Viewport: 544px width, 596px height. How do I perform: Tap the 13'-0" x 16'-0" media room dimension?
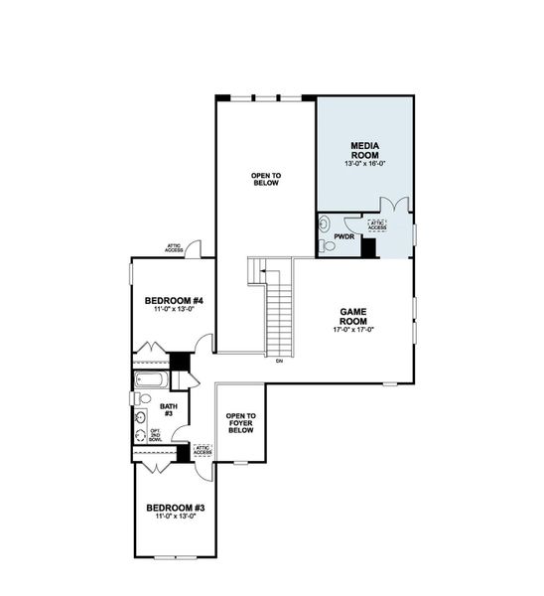point(363,163)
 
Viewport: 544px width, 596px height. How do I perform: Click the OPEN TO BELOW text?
point(265,180)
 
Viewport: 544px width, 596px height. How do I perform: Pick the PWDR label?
point(344,237)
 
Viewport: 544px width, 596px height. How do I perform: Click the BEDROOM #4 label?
point(174,301)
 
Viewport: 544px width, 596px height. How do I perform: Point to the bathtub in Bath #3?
point(152,380)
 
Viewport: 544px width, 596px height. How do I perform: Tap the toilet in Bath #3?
point(138,398)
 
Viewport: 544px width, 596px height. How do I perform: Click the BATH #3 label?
point(169,408)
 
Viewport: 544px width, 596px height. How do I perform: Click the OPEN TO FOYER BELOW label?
point(240,424)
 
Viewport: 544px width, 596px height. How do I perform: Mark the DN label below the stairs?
point(280,362)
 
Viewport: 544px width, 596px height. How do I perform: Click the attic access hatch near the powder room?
point(377,225)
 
